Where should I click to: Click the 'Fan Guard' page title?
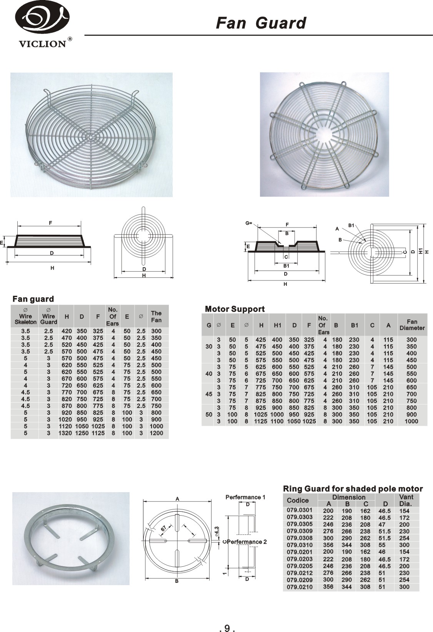coord(261,23)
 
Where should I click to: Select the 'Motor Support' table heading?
coord(235,309)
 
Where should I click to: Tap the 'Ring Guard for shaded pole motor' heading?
coord(353,489)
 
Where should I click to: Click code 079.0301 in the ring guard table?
coord(300,510)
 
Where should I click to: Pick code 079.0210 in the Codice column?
coord(300,587)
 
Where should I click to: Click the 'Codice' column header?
coord(298,500)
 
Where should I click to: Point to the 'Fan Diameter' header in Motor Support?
coord(411,325)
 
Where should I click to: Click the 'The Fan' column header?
coord(156,317)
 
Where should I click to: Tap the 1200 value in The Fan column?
coord(156,433)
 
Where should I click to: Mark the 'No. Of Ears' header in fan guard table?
coord(112,316)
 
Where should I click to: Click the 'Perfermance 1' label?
coord(245,497)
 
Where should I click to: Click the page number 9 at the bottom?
coord(227,618)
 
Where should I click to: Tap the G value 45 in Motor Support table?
coord(208,394)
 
